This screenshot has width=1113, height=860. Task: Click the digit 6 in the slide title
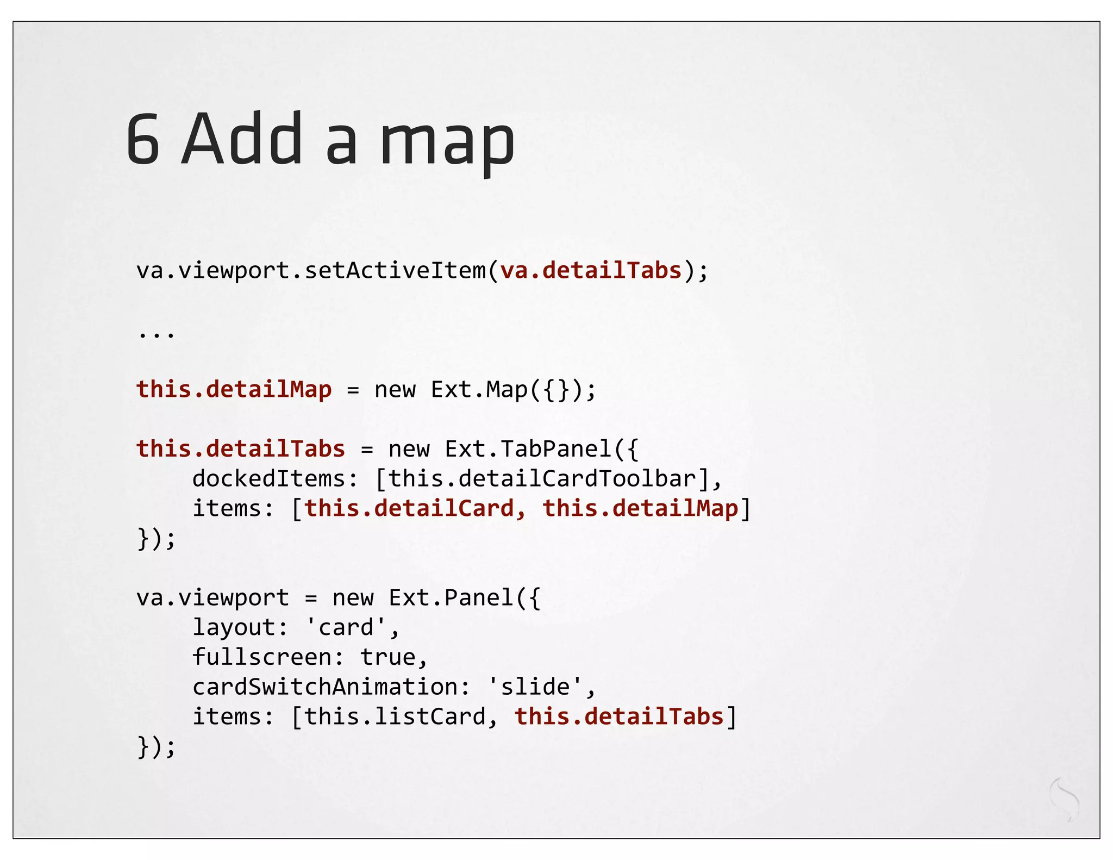143,139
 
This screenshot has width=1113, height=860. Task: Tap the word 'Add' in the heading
242,139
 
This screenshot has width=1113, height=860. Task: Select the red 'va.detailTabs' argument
591,270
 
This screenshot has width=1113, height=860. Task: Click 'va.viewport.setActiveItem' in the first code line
311,270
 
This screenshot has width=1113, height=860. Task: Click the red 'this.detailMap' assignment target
234,389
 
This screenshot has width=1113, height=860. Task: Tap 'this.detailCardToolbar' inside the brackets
542,478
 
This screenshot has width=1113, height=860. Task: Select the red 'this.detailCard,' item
415,508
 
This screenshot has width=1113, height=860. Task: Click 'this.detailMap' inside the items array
640,508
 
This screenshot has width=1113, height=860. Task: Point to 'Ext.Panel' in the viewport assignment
451,597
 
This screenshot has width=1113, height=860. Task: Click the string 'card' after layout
346,627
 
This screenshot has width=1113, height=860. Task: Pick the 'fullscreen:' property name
268,657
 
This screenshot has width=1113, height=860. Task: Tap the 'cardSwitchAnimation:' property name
331,687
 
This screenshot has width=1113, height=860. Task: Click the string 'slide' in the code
535,687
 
